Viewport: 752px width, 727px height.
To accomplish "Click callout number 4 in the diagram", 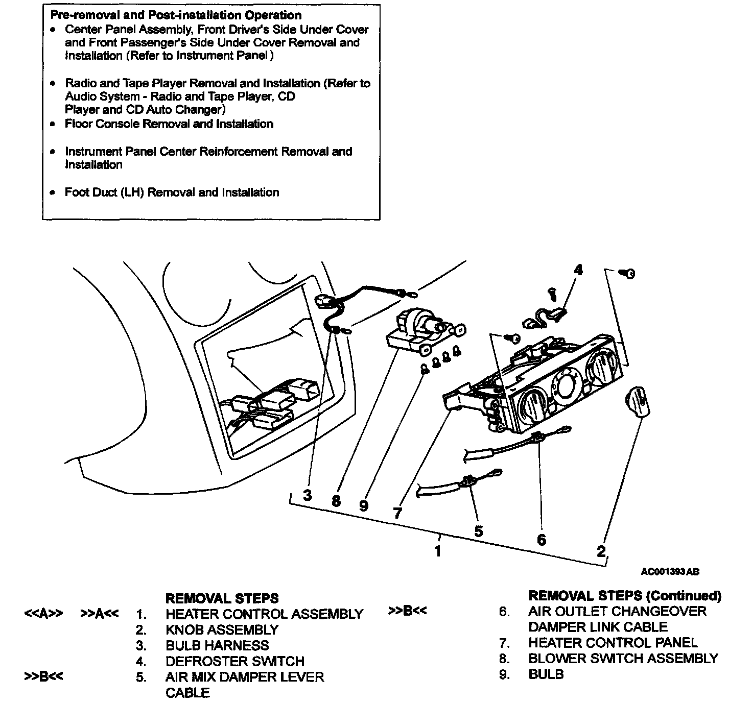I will (x=578, y=270).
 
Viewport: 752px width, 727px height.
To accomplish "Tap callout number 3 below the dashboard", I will (x=307, y=495).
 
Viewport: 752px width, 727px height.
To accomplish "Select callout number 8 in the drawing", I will (x=336, y=501).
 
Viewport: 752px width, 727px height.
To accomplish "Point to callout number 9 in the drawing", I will (x=364, y=505).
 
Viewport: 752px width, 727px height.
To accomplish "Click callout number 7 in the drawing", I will (x=398, y=513).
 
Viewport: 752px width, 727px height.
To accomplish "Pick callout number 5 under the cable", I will (x=478, y=531).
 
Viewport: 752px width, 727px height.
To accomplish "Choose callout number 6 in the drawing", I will (x=542, y=539).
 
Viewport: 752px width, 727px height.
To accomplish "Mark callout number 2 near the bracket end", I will (x=601, y=550).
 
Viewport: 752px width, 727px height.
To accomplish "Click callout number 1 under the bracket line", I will (x=437, y=551).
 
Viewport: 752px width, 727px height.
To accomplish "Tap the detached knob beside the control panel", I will (x=637, y=400).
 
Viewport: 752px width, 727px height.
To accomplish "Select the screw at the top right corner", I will (x=629, y=274).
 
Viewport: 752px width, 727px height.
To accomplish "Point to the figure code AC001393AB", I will (x=670, y=571).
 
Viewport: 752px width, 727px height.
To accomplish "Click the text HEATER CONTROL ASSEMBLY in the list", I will (x=264, y=614).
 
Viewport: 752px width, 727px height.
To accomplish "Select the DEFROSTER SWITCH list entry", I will (x=234, y=661).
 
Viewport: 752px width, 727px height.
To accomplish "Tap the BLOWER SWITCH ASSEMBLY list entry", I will (x=623, y=658).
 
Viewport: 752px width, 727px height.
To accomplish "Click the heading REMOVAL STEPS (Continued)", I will (x=625, y=595).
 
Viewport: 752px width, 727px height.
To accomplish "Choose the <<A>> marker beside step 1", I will (x=43, y=614).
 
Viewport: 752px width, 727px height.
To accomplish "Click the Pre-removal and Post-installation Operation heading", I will (x=176, y=15).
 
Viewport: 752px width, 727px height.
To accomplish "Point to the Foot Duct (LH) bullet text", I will (x=172, y=192).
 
